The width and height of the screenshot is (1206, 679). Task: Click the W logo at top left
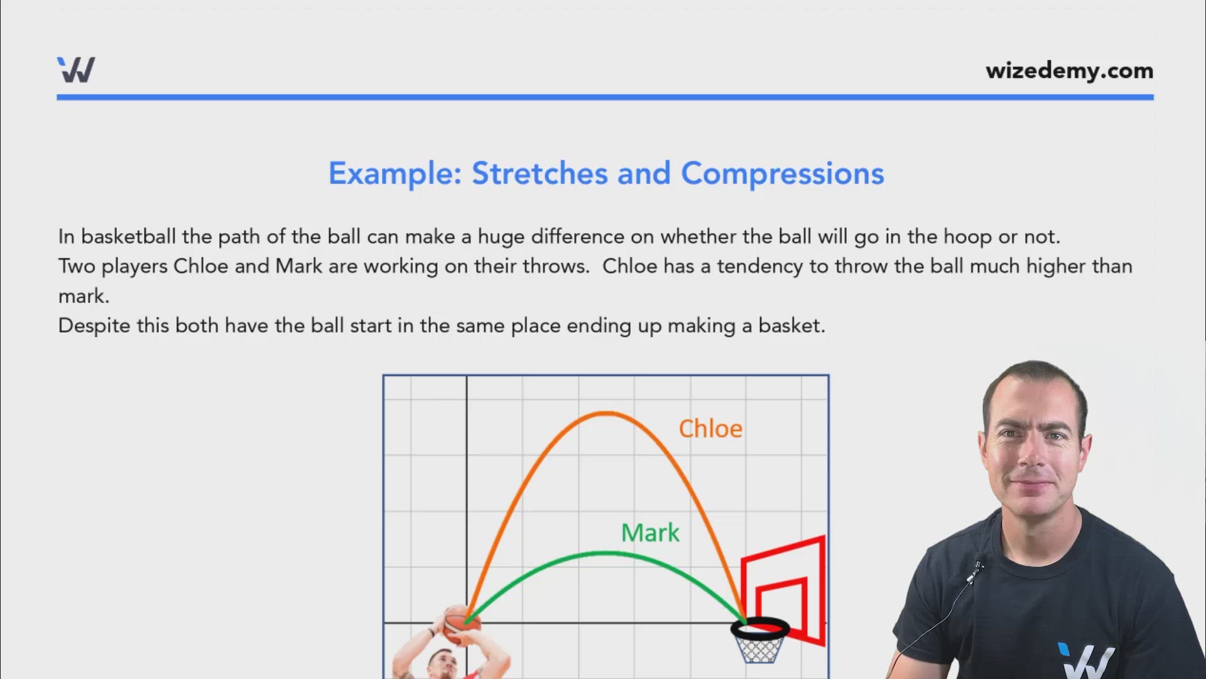click(76, 70)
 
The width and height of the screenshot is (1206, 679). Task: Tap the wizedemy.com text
click(1069, 70)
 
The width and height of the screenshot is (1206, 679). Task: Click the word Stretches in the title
click(540, 174)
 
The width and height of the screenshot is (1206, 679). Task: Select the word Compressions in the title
click(782, 174)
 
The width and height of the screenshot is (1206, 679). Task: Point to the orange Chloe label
click(710, 429)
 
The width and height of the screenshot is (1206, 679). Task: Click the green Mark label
click(650, 533)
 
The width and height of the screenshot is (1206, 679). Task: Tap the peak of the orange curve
click(605, 413)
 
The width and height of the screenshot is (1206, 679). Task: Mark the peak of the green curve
click(605, 553)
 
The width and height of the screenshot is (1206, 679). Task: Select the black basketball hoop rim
click(760, 627)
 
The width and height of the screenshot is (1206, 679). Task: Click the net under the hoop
click(760, 650)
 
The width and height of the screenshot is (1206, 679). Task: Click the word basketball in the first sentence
click(128, 237)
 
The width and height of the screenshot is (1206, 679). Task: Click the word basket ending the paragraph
click(790, 326)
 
